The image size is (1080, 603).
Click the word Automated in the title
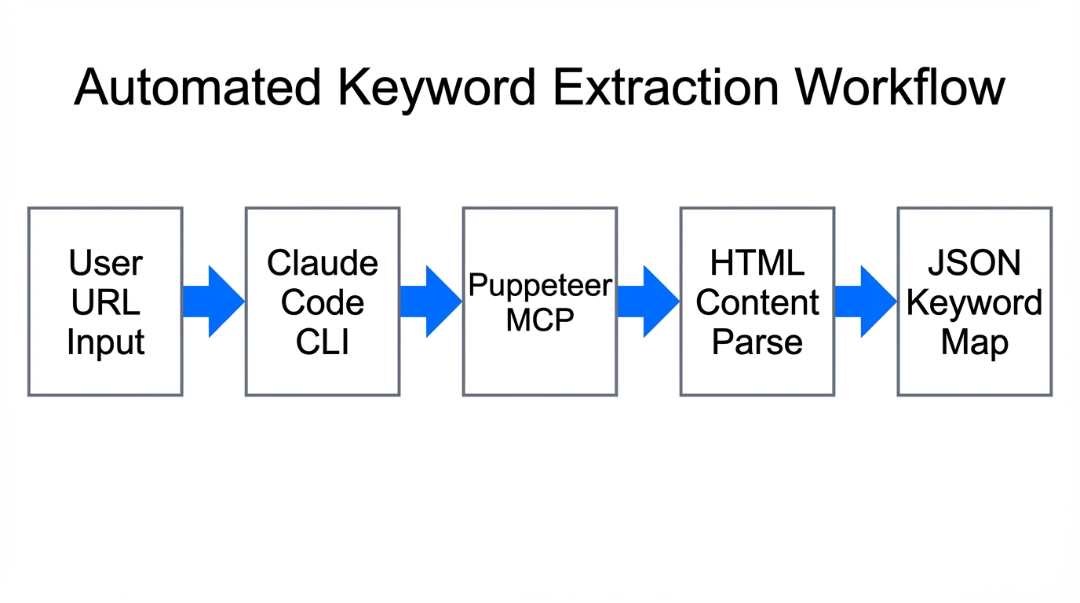click(198, 86)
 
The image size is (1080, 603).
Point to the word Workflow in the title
click(900, 86)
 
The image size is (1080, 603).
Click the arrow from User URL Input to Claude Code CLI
click(213, 301)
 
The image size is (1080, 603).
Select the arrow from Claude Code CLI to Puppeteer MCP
click(431, 301)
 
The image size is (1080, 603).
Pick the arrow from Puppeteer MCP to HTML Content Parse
click(648, 301)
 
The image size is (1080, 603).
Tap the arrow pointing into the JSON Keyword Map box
click(866, 301)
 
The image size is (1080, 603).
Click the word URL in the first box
click(106, 302)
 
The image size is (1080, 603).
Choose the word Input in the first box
click(106, 342)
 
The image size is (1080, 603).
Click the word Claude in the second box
click(323, 262)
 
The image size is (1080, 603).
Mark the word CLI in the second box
click(323, 342)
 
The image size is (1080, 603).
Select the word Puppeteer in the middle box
click(540, 285)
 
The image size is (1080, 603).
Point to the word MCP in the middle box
click(540, 320)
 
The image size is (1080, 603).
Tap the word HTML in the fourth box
click(757, 262)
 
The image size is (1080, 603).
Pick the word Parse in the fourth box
click(757, 342)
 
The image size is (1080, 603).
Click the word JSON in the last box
click(975, 262)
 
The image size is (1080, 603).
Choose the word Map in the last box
click(975, 342)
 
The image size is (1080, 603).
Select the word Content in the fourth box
click(757, 302)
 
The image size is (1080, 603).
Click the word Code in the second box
click(323, 302)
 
